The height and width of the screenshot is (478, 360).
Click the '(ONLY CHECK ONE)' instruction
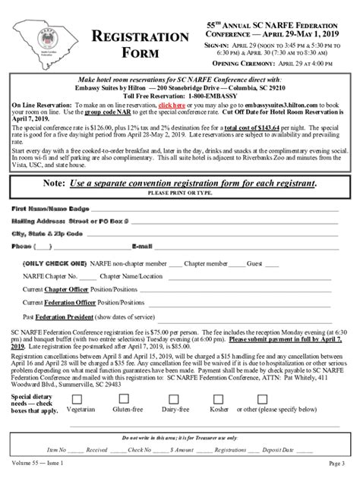click(x=54, y=264)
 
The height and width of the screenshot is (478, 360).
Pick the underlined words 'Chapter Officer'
click(x=65, y=290)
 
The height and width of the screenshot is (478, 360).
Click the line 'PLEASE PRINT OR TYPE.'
click(x=180, y=193)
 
